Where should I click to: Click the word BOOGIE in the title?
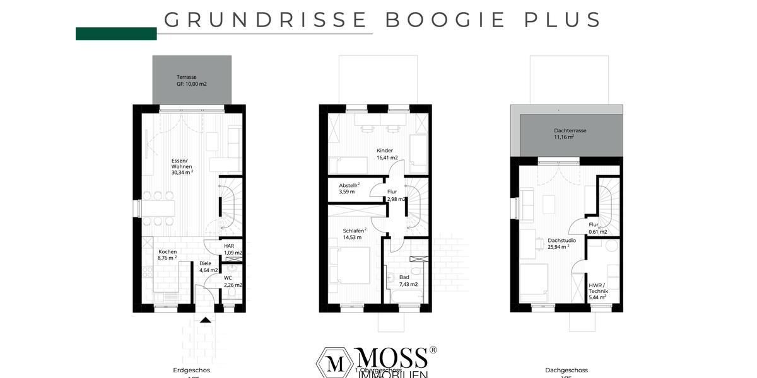pos(445,20)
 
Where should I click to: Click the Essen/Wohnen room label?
pos(182,164)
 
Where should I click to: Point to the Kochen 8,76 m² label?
pos(167,255)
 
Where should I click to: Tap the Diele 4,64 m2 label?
pos(208,267)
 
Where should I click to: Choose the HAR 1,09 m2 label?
pos(233,249)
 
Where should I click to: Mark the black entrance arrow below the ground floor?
pos(205,320)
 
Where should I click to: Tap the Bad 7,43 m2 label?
pos(408,281)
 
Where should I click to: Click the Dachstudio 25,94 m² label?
pos(558,244)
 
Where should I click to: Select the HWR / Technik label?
pos(597,292)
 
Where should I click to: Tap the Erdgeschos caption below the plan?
pos(191,370)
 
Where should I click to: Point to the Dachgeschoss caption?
pos(566,370)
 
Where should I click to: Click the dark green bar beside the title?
pos(116,34)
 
